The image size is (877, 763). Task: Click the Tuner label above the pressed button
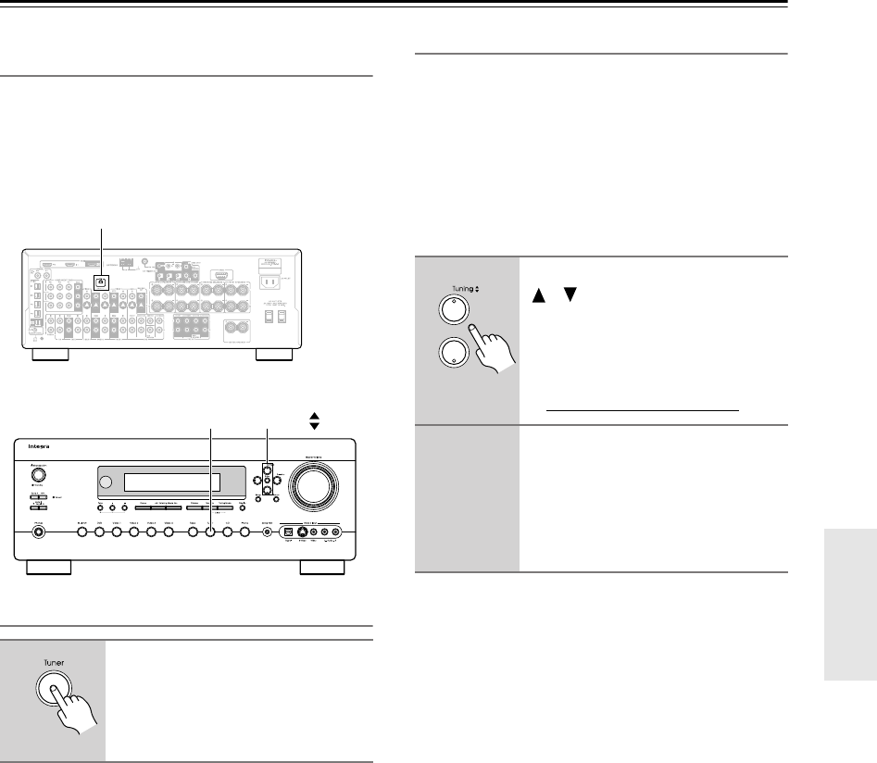tap(55, 664)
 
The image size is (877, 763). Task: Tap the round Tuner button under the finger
tap(54, 694)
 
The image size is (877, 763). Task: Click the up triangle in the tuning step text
tap(536, 296)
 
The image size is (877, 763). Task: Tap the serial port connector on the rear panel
tap(219, 276)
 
